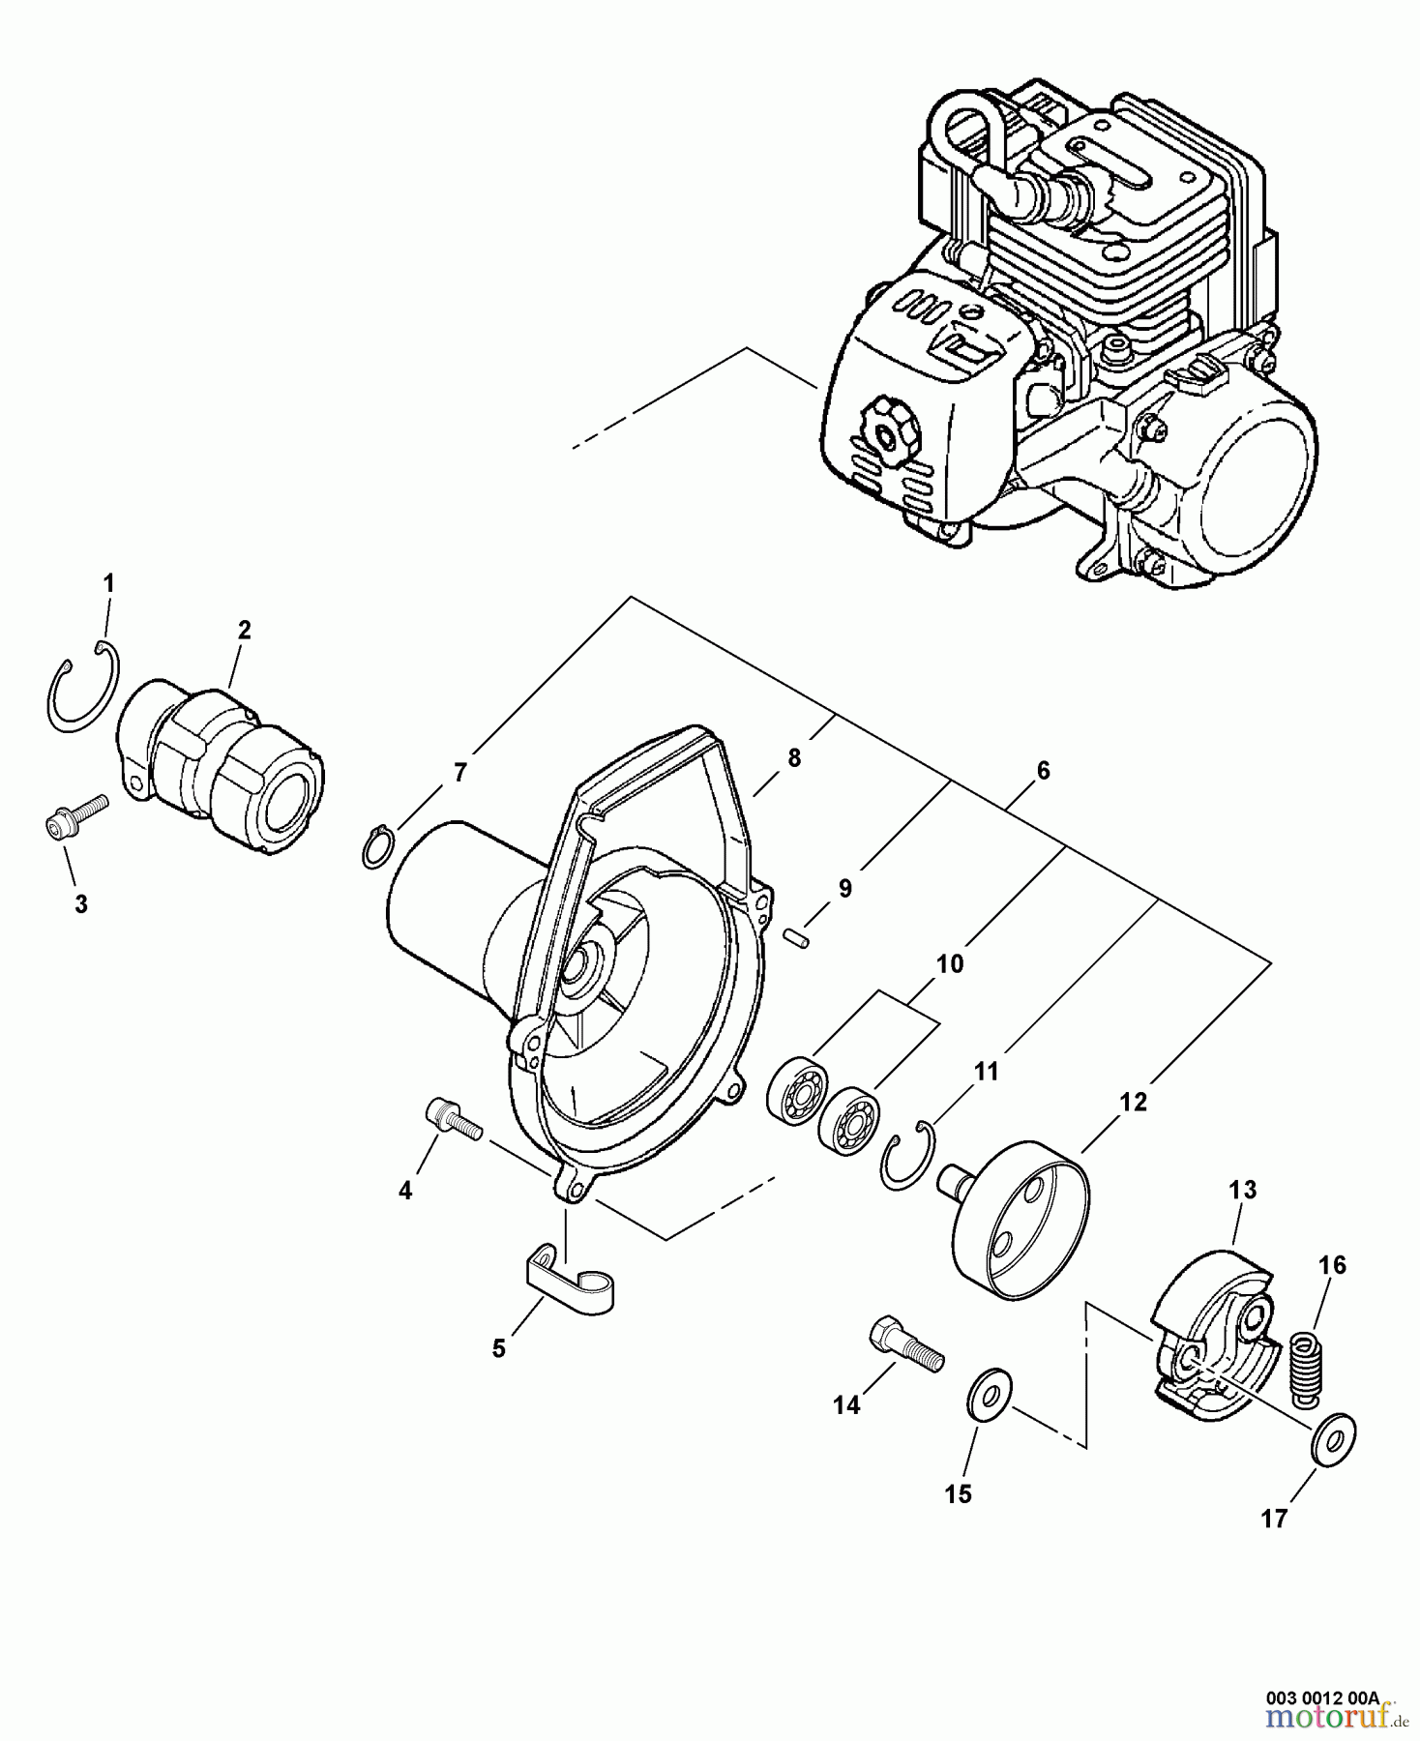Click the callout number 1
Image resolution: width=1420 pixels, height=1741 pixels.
[109, 583]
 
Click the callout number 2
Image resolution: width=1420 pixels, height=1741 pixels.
[245, 631]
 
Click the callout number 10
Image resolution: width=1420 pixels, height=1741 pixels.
[950, 964]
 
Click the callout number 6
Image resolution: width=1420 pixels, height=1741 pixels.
[1043, 771]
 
